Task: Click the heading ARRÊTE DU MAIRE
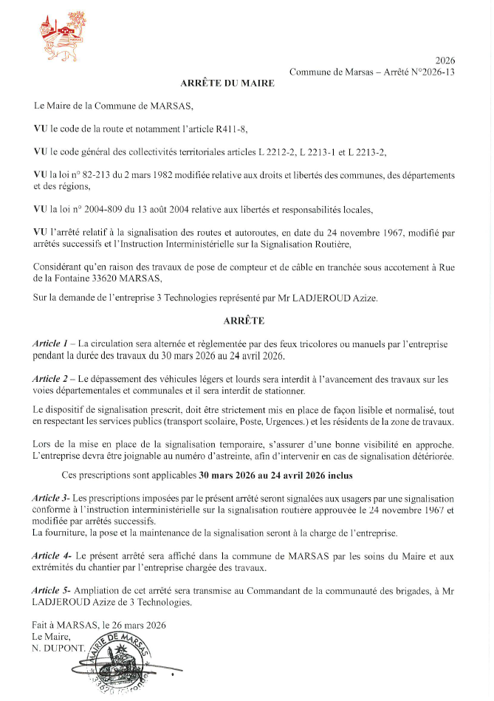(x=227, y=83)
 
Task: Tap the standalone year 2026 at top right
(x=445, y=61)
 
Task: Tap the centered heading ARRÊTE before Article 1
(x=244, y=321)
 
